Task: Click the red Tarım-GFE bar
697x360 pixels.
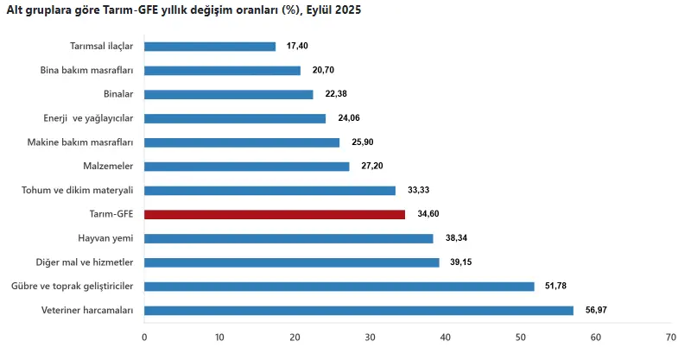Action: (x=275, y=215)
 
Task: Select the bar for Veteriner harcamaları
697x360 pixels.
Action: (x=358, y=311)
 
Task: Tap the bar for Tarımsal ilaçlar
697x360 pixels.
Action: (x=210, y=47)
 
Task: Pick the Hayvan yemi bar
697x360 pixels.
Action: (x=289, y=238)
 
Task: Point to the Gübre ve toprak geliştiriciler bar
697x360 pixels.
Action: (x=339, y=287)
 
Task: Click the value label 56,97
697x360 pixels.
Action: (x=596, y=310)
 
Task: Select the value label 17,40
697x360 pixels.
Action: (x=297, y=46)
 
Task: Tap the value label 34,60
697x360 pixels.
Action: (x=428, y=214)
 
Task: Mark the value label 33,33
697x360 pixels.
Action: (x=419, y=190)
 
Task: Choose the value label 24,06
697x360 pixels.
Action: (x=349, y=117)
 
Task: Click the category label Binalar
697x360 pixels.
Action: (x=118, y=94)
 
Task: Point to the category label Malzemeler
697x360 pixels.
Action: (x=108, y=167)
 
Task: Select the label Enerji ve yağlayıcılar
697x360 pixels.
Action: (x=88, y=118)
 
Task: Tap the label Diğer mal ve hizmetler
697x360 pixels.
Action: (x=85, y=262)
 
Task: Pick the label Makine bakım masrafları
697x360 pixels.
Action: (x=80, y=142)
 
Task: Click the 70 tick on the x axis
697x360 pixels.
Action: (x=671, y=338)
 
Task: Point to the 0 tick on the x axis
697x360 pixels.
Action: (x=144, y=338)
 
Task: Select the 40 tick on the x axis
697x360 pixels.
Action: (x=446, y=338)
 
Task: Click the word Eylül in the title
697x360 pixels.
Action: (x=319, y=10)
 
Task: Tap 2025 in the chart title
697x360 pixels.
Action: (x=348, y=9)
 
